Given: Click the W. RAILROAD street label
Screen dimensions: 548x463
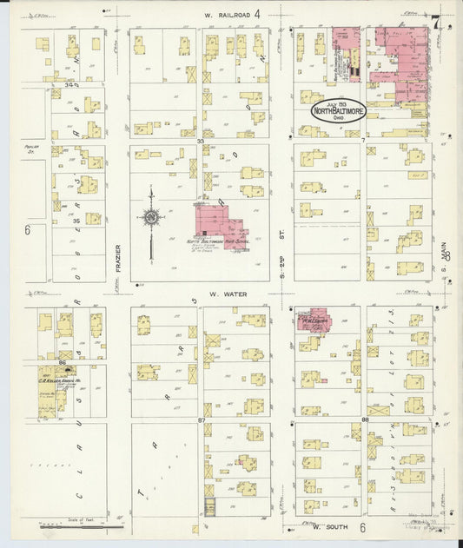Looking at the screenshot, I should [x=228, y=15].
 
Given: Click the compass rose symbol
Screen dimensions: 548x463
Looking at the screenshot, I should [x=151, y=217].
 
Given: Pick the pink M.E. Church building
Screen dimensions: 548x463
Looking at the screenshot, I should [x=312, y=320].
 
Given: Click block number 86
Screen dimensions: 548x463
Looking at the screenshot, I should [x=63, y=361].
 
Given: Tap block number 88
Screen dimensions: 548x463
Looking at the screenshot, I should [x=365, y=420].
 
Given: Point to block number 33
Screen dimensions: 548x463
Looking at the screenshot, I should [x=200, y=140].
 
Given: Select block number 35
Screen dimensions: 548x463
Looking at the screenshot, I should [x=76, y=221].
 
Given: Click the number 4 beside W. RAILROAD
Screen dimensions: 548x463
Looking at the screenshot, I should [x=257, y=14].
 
